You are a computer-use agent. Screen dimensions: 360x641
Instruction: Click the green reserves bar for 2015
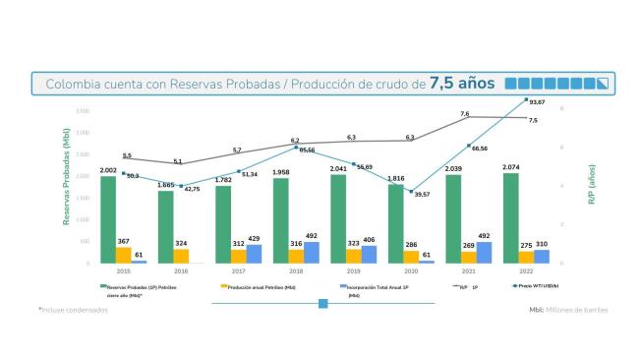click(108, 219)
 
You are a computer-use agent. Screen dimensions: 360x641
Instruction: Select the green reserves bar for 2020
click(396, 223)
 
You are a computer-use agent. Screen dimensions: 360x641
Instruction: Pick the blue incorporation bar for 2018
click(311, 252)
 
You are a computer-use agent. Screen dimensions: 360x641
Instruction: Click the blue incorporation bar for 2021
click(484, 252)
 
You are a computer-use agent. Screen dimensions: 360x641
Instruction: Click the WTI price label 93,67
click(537, 102)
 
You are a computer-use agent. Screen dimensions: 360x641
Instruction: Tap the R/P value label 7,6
click(464, 115)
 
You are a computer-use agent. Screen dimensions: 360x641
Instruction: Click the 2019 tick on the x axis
click(354, 271)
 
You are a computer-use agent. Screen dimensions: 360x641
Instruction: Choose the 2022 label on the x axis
click(527, 271)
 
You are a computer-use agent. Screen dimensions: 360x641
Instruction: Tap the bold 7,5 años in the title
click(462, 83)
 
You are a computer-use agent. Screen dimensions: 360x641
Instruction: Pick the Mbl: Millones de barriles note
click(568, 309)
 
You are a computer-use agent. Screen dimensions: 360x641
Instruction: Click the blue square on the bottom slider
click(322, 304)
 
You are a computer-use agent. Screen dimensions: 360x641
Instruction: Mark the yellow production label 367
click(123, 241)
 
